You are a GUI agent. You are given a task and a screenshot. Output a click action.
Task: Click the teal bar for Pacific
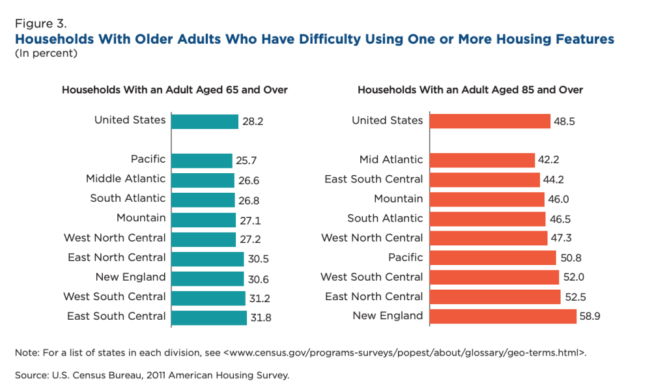pyautogui.click(x=202, y=160)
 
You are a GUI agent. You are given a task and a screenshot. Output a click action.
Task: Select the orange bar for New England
pyautogui.click(x=503, y=316)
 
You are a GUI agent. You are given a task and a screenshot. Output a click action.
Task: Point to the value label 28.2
pyautogui.click(x=253, y=121)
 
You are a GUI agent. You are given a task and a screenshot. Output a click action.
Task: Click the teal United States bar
pyautogui.click(x=205, y=121)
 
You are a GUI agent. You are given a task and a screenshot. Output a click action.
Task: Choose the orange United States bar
pyautogui.click(x=490, y=121)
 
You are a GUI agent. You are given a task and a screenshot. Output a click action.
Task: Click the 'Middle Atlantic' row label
pyautogui.click(x=126, y=178)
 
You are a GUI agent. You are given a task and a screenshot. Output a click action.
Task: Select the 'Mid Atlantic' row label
pyautogui.click(x=391, y=160)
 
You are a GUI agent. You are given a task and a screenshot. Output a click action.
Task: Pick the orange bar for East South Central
pyautogui.click(x=485, y=180)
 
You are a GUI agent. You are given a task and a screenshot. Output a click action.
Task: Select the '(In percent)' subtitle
pyautogui.click(x=46, y=53)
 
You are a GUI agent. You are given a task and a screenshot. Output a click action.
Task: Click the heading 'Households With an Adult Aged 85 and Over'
pyautogui.click(x=470, y=90)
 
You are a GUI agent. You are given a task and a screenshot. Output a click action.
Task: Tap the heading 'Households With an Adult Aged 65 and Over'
pyautogui.click(x=175, y=90)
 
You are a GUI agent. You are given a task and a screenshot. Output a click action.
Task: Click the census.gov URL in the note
pyautogui.click(x=404, y=353)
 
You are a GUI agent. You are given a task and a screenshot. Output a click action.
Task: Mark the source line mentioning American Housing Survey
pyautogui.click(x=151, y=375)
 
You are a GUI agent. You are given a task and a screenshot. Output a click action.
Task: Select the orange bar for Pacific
pyautogui.click(x=493, y=258)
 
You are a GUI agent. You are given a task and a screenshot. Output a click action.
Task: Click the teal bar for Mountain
pyautogui.click(x=204, y=219)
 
